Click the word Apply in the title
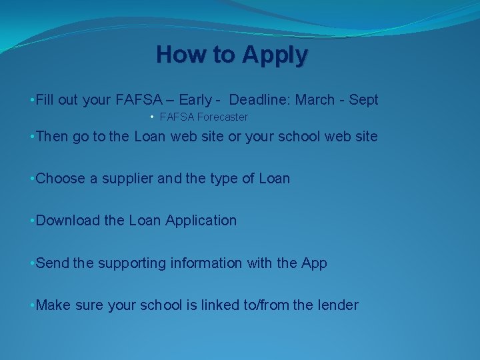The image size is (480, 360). click(x=275, y=55)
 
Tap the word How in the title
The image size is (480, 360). click(x=179, y=54)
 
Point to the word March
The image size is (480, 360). click(x=315, y=100)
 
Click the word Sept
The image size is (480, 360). click(x=363, y=100)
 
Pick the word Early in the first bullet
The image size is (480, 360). click(x=195, y=100)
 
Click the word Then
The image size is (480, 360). click(x=52, y=137)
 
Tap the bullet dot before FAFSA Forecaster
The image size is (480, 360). click(x=153, y=117)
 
